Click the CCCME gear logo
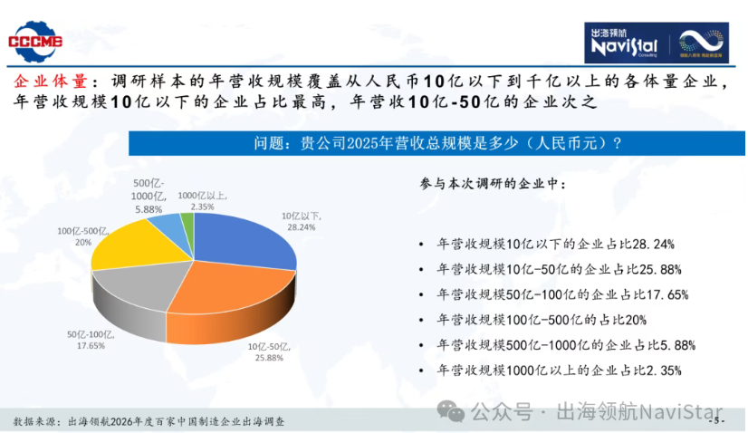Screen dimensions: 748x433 coord(35,42)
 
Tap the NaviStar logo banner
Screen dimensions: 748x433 coord(657,43)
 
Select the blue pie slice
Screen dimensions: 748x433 coord(245,240)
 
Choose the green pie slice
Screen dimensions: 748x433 coord(187,225)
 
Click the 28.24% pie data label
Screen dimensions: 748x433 coord(301,222)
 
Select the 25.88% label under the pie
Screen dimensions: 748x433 coord(269,352)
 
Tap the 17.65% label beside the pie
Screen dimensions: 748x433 coord(91,340)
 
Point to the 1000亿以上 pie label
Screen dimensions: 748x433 coord(202,201)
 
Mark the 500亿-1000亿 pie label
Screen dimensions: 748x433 coord(149,197)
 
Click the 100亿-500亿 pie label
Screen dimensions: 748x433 coord(83,236)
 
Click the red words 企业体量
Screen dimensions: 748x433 coord(50,82)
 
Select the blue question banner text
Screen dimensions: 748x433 coord(437,143)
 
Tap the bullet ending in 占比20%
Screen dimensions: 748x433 coord(542,320)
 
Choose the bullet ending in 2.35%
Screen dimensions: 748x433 coord(559,370)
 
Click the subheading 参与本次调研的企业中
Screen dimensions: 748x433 coord(493,184)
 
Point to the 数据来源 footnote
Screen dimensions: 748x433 coord(149,421)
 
